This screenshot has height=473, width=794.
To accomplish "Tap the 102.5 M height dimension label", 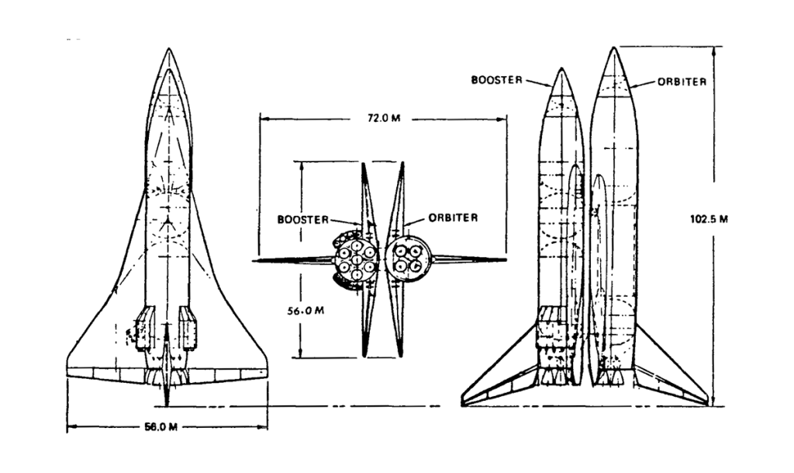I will (x=709, y=218).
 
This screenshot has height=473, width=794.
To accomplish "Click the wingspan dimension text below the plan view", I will (x=167, y=426).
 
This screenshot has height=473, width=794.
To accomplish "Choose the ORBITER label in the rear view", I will (x=453, y=217).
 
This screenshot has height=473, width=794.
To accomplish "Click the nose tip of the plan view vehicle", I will (x=168, y=50).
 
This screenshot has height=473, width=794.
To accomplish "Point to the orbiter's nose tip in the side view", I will (x=614, y=48).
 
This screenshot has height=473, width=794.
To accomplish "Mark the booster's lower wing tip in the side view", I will (x=464, y=403).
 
